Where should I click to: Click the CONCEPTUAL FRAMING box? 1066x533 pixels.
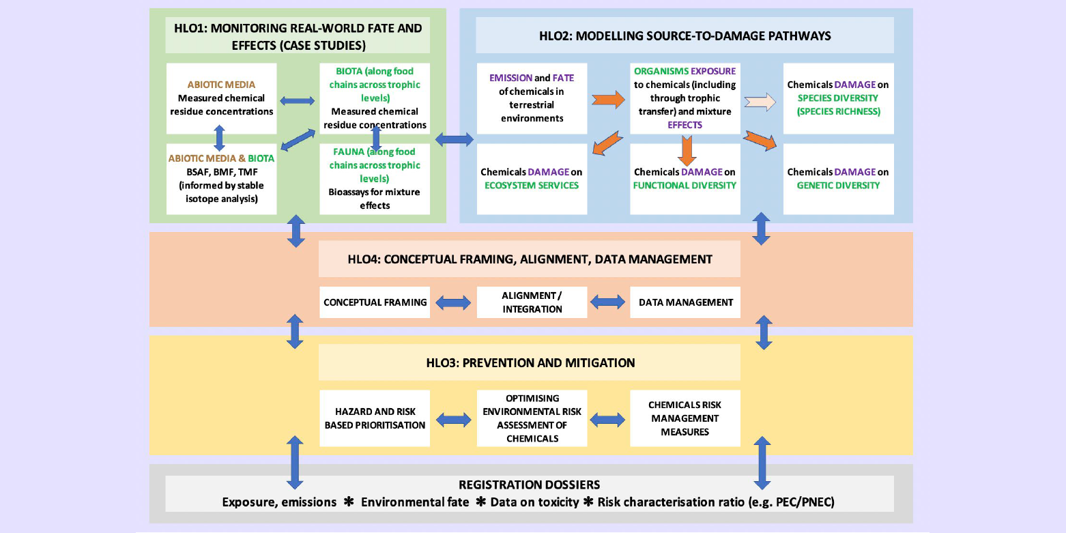(x=375, y=302)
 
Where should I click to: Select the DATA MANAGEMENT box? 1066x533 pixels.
(x=685, y=302)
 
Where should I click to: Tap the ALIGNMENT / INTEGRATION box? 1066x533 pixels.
(x=532, y=302)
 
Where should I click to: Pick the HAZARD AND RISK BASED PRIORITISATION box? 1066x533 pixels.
(x=375, y=418)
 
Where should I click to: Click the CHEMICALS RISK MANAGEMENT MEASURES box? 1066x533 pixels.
(x=685, y=418)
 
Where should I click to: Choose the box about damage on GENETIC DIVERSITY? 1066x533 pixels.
(x=838, y=179)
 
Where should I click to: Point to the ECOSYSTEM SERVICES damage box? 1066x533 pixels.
(x=532, y=179)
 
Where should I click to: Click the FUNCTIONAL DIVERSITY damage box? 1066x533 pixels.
(x=685, y=179)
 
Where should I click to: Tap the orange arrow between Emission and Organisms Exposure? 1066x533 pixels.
(x=608, y=100)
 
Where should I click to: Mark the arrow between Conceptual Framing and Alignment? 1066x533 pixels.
(x=453, y=302)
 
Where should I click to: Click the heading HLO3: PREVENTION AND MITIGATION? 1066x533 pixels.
(x=530, y=363)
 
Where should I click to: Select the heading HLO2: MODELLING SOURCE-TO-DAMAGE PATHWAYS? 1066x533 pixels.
(x=685, y=35)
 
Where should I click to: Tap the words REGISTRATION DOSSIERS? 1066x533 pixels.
(x=530, y=485)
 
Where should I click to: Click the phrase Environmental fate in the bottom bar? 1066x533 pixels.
(x=415, y=502)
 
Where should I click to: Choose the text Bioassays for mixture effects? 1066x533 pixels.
(x=375, y=199)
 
